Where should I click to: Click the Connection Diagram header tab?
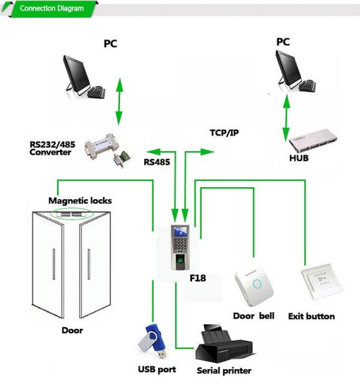[x=48, y=9]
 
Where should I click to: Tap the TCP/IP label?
[x=224, y=132]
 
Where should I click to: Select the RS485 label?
[x=158, y=162]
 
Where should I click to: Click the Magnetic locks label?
[x=80, y=200]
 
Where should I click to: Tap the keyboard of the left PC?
[x=95, y=93]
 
